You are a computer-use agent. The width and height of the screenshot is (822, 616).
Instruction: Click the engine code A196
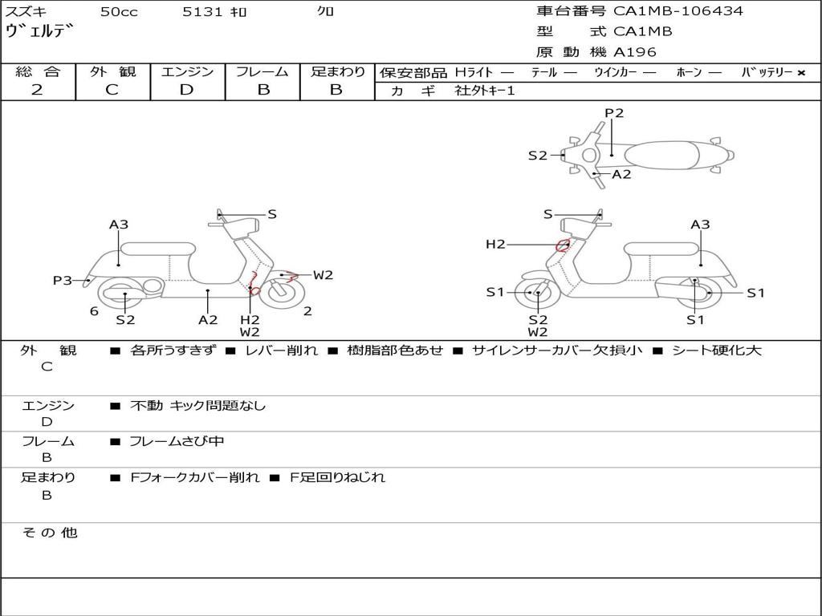(635, 52)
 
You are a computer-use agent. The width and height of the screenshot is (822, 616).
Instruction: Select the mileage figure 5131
(204, 12)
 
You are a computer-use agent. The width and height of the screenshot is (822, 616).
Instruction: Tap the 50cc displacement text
(119, 12)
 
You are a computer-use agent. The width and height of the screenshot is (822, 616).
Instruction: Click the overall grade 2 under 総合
(37, 90)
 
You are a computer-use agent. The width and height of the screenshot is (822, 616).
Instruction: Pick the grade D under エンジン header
(186, 90)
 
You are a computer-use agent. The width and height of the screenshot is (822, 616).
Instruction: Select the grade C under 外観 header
(112, 90)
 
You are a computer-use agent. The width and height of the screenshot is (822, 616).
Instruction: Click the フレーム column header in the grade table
(262, 72)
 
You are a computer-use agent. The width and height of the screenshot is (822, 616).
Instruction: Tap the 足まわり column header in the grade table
(337, 72)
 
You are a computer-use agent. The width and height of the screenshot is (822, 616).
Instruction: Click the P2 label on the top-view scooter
(614, 113)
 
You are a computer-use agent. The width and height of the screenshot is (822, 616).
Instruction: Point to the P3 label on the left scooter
(63, 281)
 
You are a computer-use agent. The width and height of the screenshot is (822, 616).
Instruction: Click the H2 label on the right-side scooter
(495, 245)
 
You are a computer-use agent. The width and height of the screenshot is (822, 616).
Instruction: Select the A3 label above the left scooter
(119, 225)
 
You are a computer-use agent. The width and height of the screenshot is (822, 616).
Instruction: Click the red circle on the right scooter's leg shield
(563, 245)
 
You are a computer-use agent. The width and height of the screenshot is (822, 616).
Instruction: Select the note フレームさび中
(177, 441)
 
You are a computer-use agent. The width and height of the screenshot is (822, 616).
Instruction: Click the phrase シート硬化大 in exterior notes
(716, 351)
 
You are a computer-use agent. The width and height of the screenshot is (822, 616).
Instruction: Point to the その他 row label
(49, 533)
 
